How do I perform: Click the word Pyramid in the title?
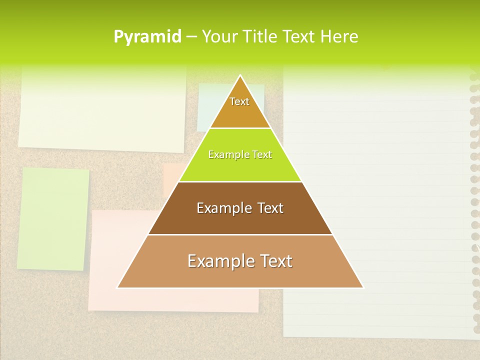click(x=147, y=36)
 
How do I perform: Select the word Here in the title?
click(x=339, y=36)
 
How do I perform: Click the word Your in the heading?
click(x=220, y=36)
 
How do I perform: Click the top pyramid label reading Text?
click(x=239, y=101)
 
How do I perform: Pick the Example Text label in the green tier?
click(x=240, y=154)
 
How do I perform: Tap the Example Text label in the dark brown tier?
click(x=240, y=208)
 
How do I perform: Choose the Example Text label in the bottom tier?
click(x=240, y=261)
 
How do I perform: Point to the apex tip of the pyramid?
click(x=240, y=76)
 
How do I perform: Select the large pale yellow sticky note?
click(x=102, y=110)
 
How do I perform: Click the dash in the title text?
click(x=191, y=36)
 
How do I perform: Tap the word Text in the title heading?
click(x=299, y=36)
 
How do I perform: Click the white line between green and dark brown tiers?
click(x=240, y=181)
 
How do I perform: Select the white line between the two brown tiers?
click(x=240, y=234)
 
